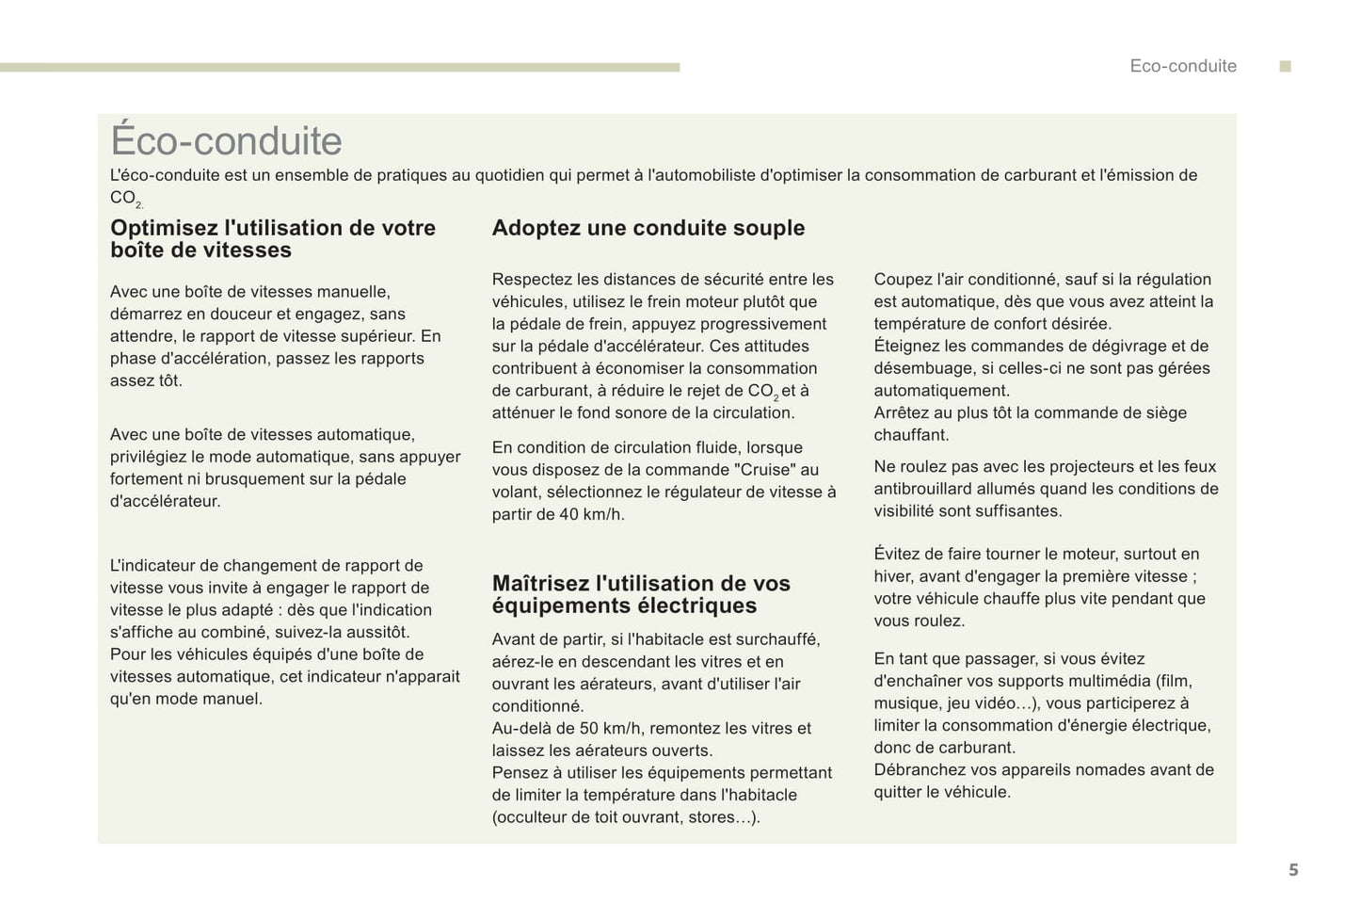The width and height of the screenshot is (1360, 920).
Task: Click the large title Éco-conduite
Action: (x=226, y=141)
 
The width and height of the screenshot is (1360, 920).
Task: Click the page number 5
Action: (x=1293, y=870)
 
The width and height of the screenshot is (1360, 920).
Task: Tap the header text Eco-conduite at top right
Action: (x=1183, y=66)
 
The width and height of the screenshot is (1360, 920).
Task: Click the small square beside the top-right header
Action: (x=1286, y=66)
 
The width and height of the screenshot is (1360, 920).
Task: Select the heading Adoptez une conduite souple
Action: (x=648, y=228)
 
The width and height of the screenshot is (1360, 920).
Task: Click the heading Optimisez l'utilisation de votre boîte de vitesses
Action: (x=273, y=239)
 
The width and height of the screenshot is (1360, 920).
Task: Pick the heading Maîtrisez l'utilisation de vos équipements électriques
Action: (x=641, y=594)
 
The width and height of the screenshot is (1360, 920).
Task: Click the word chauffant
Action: (x=911, y=435)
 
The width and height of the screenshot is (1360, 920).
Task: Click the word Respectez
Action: (x=530, y=279)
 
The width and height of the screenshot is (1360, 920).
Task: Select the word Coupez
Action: (x=901, y=279)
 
